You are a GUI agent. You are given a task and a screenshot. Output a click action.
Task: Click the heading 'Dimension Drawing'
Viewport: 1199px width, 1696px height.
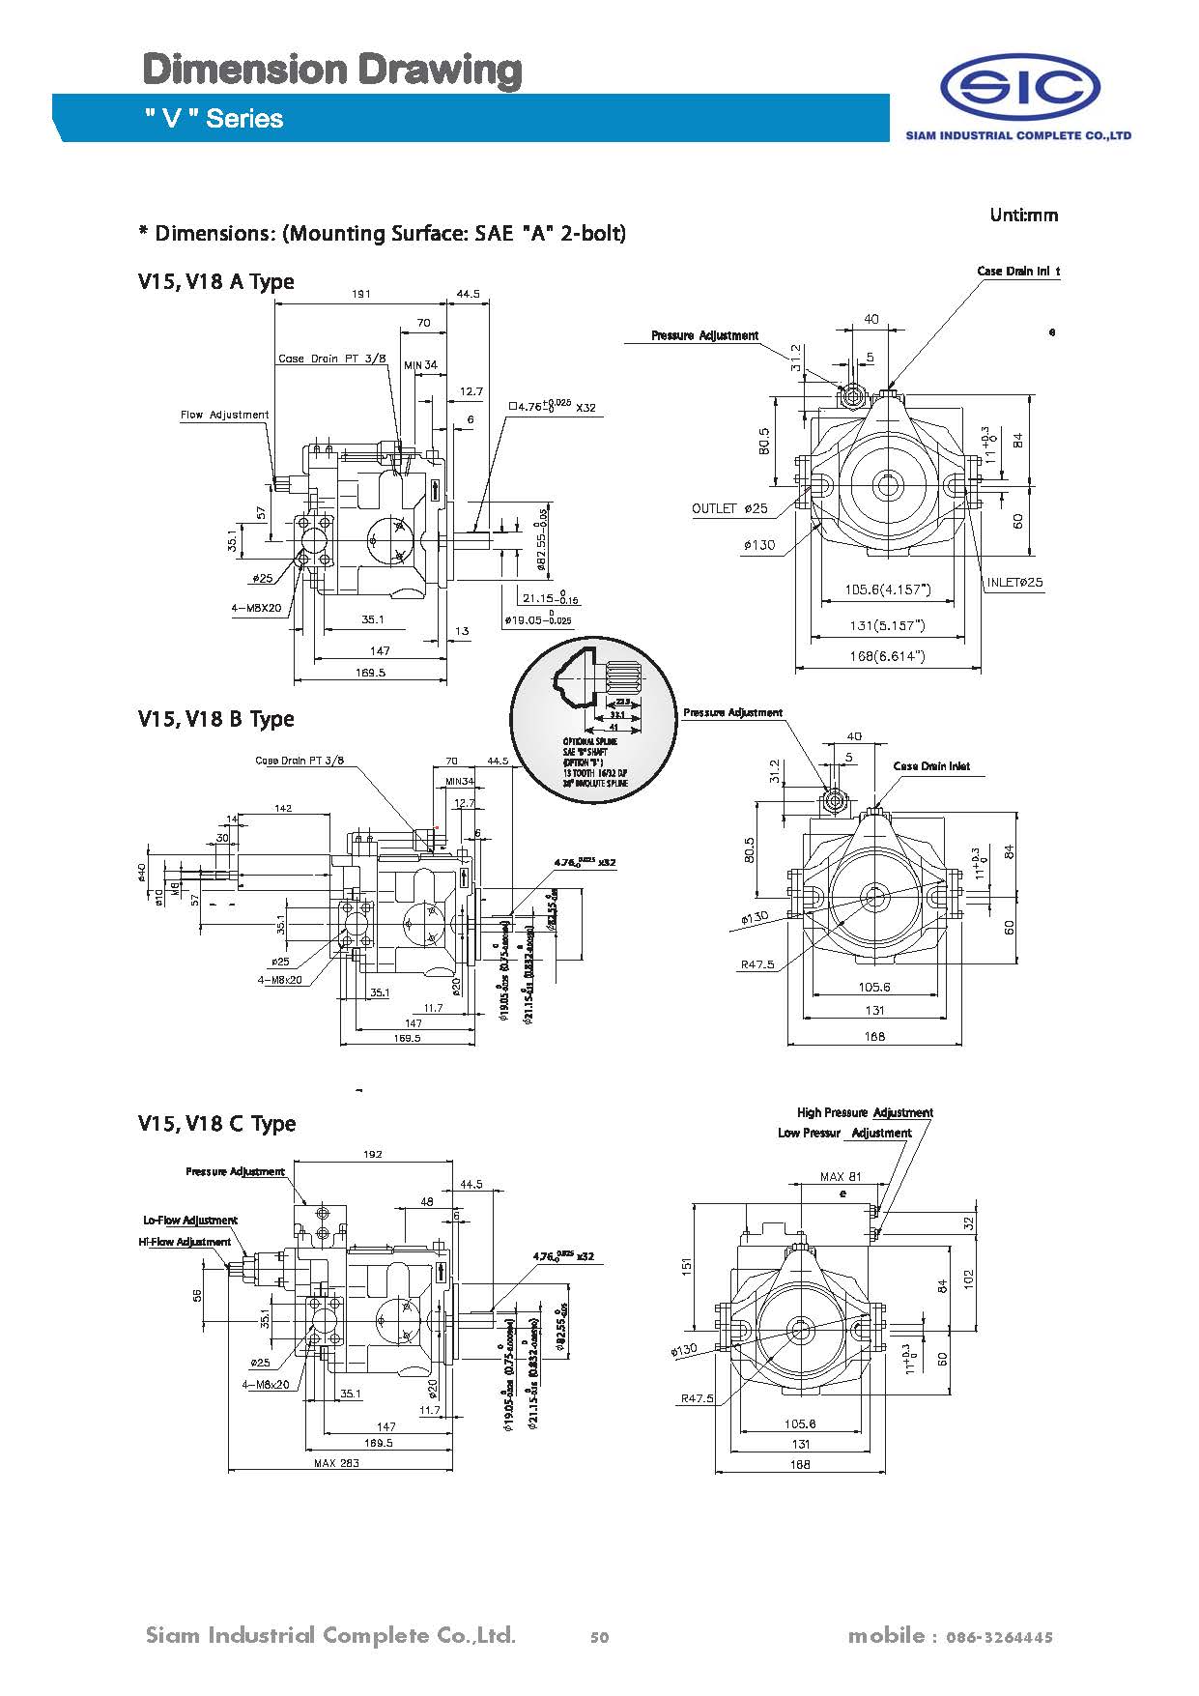(332, 71)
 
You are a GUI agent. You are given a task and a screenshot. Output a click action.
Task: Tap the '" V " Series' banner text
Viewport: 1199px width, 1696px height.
(214, 119)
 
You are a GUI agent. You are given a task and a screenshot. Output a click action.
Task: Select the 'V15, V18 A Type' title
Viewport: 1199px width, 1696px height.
(215, 282)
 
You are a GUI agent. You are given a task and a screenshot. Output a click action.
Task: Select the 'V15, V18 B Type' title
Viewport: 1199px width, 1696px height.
(215, 719)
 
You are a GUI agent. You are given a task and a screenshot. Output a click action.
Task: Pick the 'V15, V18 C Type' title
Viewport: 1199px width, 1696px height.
(216, 1124)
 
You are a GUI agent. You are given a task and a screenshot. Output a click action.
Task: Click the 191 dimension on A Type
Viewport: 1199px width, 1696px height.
(361, 294)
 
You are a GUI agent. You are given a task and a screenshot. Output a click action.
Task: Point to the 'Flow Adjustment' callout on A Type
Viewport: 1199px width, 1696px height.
(224, 416)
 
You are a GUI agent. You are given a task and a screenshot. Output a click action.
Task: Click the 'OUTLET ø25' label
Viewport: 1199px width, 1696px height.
(729, 508)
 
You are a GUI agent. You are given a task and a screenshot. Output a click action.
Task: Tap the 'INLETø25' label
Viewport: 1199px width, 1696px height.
(1014, 583)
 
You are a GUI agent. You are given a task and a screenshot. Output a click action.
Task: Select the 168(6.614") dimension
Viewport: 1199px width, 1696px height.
(886, 656)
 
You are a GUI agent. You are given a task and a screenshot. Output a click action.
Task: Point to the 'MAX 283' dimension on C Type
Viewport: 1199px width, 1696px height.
(336, 1463)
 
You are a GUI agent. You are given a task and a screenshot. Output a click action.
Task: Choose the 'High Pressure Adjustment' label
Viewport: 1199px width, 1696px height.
(865, 1113)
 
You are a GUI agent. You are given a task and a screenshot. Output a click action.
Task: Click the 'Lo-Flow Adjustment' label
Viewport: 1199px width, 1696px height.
(189, 1221)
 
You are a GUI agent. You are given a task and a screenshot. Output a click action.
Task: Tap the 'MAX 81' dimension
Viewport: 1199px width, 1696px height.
(840, 1177)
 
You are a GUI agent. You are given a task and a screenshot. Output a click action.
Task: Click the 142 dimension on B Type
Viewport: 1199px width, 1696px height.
(283, 808)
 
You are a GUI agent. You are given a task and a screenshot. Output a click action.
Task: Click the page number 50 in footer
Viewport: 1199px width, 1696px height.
(599, 1637)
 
